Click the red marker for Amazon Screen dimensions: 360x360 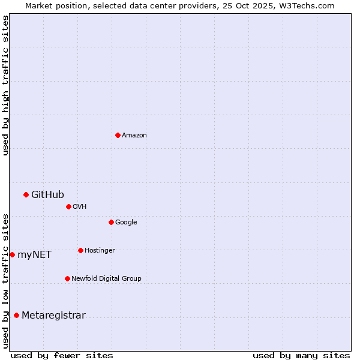coord(118,135)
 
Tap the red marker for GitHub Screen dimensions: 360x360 coord(26,194)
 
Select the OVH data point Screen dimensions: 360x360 coord(68,206)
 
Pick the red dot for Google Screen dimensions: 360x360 coord(111,222)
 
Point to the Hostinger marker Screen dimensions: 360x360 coord(80,250)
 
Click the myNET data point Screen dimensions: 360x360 coord(12,254)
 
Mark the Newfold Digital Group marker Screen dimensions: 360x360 coord(67,278)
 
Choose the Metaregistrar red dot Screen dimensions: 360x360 coord(16,316)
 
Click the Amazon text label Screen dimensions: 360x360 coord(134,136)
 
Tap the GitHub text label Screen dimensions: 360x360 coord(47,194)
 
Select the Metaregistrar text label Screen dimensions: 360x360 coord(53,316)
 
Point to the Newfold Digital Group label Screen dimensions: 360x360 coord(106,278)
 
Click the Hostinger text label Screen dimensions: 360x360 coord(100,250)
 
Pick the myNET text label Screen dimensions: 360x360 coord(34,255)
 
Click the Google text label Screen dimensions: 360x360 coord(126,222)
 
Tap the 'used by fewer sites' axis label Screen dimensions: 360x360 coord(62,355)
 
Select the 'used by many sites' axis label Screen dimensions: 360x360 coord(301,355)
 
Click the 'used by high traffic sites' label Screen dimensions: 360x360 coord(5,85)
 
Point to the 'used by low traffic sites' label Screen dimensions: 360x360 coord(5,280)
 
